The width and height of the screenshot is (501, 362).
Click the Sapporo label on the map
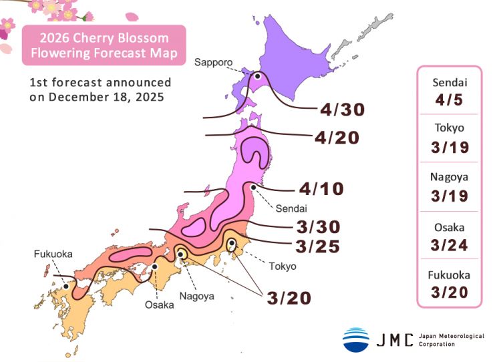tap(213, 62)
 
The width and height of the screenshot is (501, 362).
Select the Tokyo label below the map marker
tap(281, 266)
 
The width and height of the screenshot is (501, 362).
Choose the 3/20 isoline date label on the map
tap(289, 298)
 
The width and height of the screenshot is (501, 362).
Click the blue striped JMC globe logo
tap(356, 339)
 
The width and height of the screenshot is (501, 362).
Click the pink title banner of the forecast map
tap(104, 45)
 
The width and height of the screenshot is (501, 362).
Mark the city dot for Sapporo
tap(255, 76)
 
